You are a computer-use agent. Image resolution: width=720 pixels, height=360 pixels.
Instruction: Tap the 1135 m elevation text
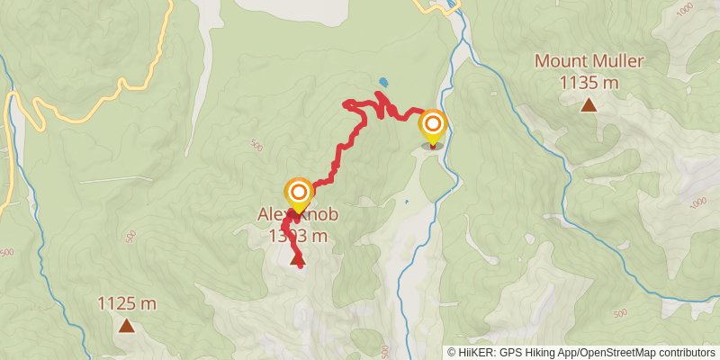(x=589, y=83)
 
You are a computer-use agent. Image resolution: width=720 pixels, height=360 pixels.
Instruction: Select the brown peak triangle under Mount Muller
(x=589, y=105)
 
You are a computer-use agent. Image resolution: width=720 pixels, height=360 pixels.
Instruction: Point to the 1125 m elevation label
(x=127, y=303)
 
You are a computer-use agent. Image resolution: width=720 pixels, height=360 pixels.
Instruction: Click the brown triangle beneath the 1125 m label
(x=127, y=326)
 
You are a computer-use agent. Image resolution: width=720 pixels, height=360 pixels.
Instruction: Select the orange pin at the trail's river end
(x=433, y=124)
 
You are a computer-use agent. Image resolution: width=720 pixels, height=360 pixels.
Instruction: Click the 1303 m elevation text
(x=297, y=236)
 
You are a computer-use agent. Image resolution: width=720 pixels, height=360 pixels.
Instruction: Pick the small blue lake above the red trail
(x=383, y=82)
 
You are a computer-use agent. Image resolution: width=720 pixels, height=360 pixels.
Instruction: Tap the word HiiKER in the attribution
(x=477, y=352)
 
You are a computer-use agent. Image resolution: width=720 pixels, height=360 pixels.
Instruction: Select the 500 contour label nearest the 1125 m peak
(x=131, y=236)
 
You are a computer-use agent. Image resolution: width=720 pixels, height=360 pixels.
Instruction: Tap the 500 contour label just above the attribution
(x=384, y=350)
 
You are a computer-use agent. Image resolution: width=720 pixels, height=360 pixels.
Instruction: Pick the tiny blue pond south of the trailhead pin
(x=407, y=202)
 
